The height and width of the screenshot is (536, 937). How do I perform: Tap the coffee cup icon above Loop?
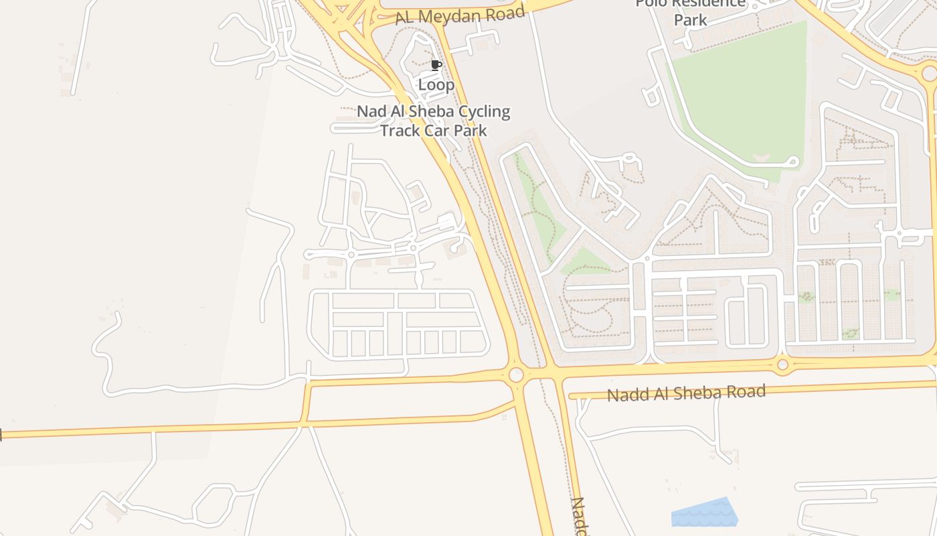click(x=436, y=66)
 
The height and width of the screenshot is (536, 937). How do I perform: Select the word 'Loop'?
click(x=436, y=85)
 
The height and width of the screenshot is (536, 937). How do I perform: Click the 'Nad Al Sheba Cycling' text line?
click(x=434, y=111)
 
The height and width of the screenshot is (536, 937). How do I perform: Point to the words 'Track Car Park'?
click(x=434, y=130)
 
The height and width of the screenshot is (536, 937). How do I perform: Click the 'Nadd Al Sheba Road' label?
click(x=686, y=393)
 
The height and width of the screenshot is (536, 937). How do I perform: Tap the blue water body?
click(x=706, y=513)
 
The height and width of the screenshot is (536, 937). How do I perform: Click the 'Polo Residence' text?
click(x=691, y=4)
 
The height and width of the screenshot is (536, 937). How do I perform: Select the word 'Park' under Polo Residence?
click(x=691, y=20)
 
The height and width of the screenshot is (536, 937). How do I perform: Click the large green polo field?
click(x=743, y=100)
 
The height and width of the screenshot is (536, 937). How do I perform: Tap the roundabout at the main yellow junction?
click(x=516, y=375)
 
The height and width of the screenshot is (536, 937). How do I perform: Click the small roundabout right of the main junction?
click(x=782, y=364)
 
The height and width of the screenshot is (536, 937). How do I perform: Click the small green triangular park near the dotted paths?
click(x=585, y=262)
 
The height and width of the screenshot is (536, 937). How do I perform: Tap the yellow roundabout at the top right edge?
click(x=929, y=73)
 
